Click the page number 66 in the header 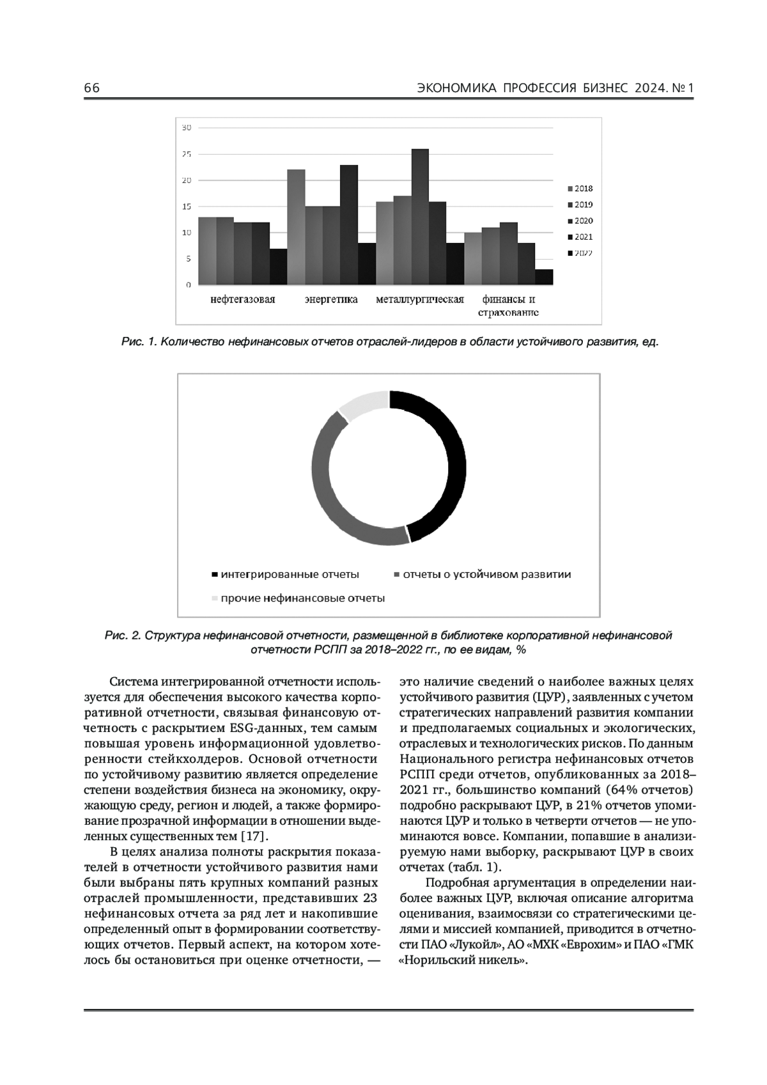click(x=91, y=88)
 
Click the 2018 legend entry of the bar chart click(x=580, y=189)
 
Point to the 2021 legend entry click(x=580, y=237)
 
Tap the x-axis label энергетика click(x=331, y=299)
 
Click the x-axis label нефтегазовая click(x=243, y=299)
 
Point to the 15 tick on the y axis click(x=186, y=207)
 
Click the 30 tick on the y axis click(x=186, y=128)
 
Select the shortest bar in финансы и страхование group click(x=544, y=277)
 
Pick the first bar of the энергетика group click(x=296, y=227)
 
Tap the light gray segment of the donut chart click(x=363, y=404)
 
